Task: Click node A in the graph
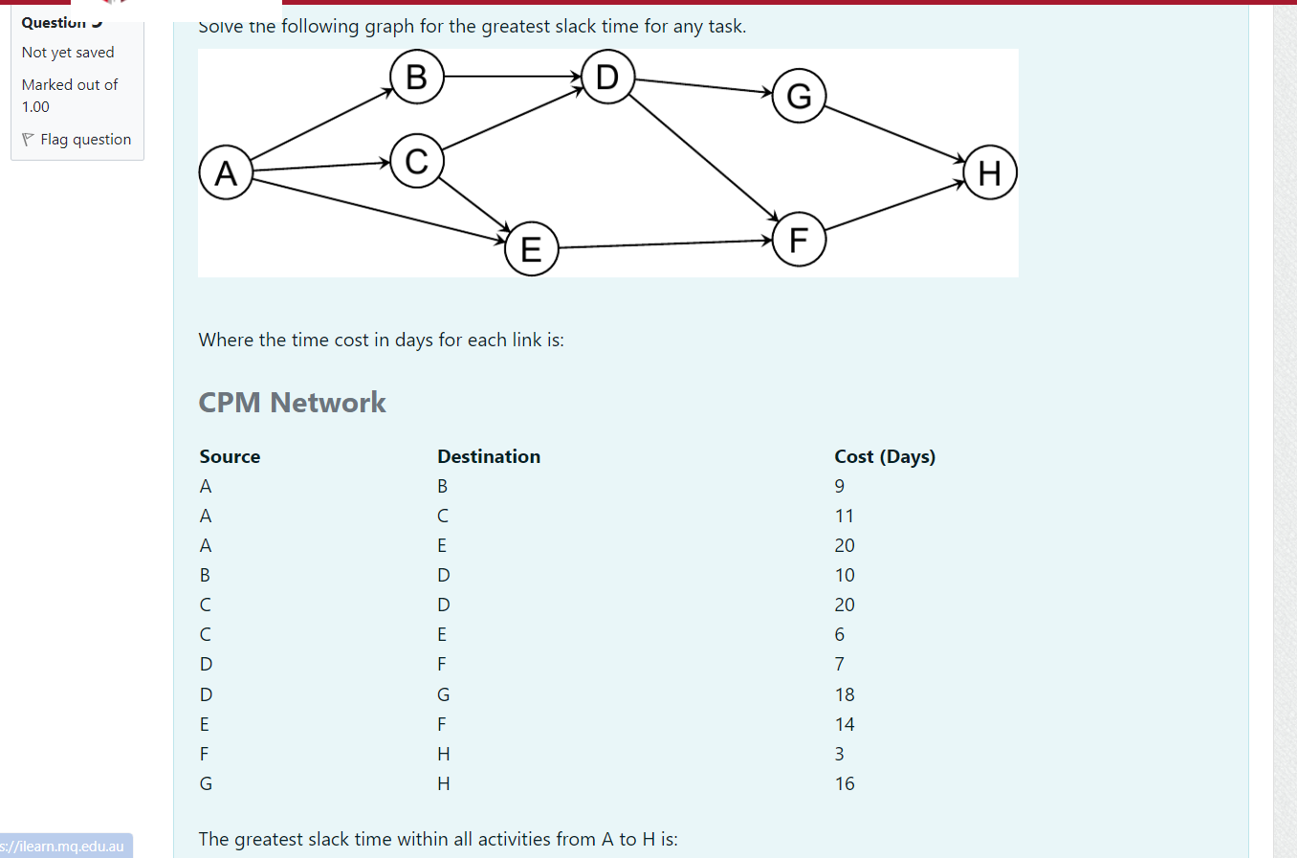pyautogui.click(x=226, y=172)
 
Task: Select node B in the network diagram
pyautogui.click(x=417, y=77)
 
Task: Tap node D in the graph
pyautogui.click(x=607, y=77)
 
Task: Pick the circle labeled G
pyautogui.click(x=799, y=96)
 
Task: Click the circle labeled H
pyautogui.click(x=990, y=172)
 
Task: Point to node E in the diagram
pyautogui.click(x=531, y=249)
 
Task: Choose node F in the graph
pyautogui.click(x=799, y=239)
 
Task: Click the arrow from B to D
pyautogui.click(x=512, y=77)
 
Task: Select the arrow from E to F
pyautogui.click(x=665, y=244)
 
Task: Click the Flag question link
pyautogui.click(x=85, y=140)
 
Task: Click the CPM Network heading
pyautogui.click(x=292, y=403)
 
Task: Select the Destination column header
pyautogui.click(x=489, y=456)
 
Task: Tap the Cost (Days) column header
pyautogui.click(x=885, y=456)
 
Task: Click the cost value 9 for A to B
pyautogui.click(x=840, y=486)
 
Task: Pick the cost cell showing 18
pyautogui.click(x=845, y=694)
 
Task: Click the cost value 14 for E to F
pyautogui.click(x=845, y=724)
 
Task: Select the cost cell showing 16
pyautogui.click(x=845, y=783)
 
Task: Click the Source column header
pyautogui.click(x=230, y=456)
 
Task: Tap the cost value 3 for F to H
pyautogui.click(x=840, y=754)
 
